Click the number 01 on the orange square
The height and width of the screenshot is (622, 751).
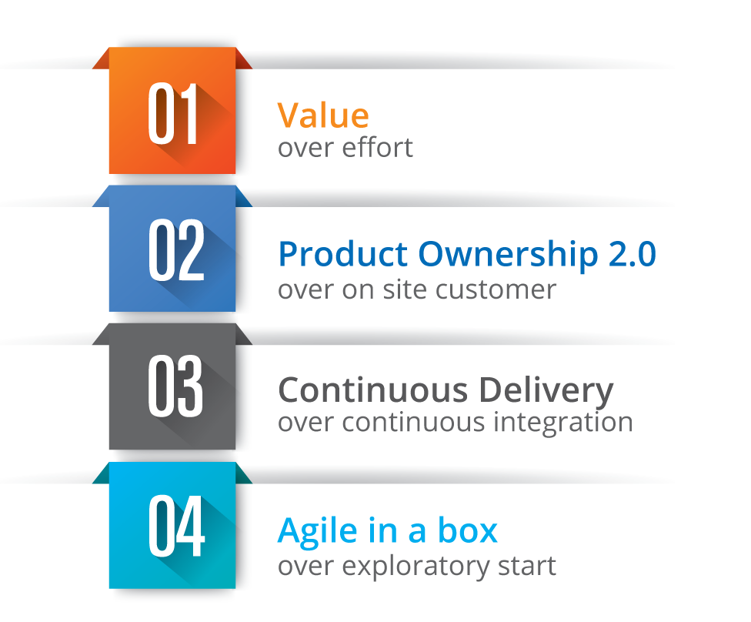click(x=173, y=115)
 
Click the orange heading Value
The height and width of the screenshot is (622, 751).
click(x=323, y=115)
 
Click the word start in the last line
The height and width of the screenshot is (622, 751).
click(x=526, y=567)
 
